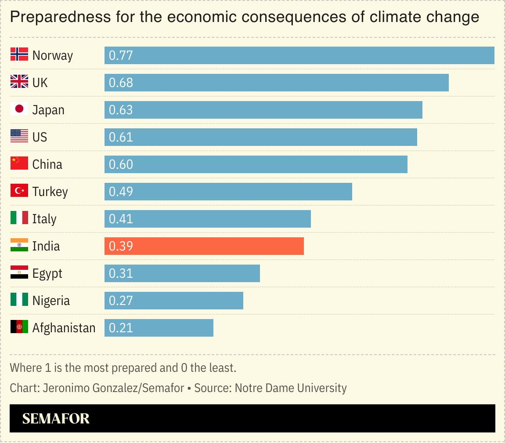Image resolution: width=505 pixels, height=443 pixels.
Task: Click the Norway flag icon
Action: coord(19,54)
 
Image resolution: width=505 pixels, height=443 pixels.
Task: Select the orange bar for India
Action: coord(204,246)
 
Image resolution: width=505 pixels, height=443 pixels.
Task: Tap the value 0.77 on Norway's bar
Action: coord(121,55)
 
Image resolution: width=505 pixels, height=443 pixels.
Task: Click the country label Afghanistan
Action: coord(64,328)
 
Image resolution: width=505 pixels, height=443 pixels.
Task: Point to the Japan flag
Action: coord(19,109)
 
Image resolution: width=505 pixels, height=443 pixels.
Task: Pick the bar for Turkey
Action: coord(228,192)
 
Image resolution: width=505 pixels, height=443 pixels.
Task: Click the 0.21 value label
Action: coord(121,328)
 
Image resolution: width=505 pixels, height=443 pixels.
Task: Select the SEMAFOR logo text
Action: coord(56,418)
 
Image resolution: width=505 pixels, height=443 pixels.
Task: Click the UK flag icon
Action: coord(19,82)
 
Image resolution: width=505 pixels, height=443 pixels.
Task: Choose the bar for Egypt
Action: coord(182,273)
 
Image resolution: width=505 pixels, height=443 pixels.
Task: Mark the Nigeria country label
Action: coord(51,301)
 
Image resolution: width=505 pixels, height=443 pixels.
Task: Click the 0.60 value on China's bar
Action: coord(121,164)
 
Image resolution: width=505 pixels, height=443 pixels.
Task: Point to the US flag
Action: coord(19,136)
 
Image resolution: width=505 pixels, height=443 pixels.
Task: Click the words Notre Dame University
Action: coord(290,388)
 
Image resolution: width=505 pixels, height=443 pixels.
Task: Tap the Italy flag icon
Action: coord(19,218)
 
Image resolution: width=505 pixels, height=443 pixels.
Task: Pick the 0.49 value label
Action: coord(121,192)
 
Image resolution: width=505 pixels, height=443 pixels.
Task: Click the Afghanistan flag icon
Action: coord(19,327)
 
